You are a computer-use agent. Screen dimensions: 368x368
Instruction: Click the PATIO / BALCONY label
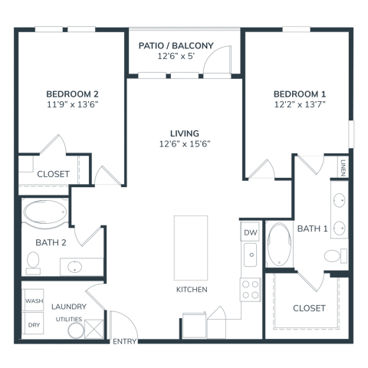pyautogui.click(x=176, y=46)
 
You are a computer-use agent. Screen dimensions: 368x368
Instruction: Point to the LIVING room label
pyautogui.click(x=184, y=132)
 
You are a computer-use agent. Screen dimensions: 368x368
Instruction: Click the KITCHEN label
pyautogui.click(x=191, y=289)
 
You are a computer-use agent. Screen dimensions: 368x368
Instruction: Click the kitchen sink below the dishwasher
pyautogui.click(x=250, y=252)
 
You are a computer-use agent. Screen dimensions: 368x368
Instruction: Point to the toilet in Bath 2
pyautogui.click(x=33, y=263)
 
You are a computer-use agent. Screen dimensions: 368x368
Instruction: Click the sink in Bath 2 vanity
pyautogui.click(x=75, y=267)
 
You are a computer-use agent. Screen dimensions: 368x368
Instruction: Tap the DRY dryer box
pyautogui.click(x=33, y=324)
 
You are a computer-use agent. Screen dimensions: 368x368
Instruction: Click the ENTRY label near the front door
pyautogui.click(x=124, y=341)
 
